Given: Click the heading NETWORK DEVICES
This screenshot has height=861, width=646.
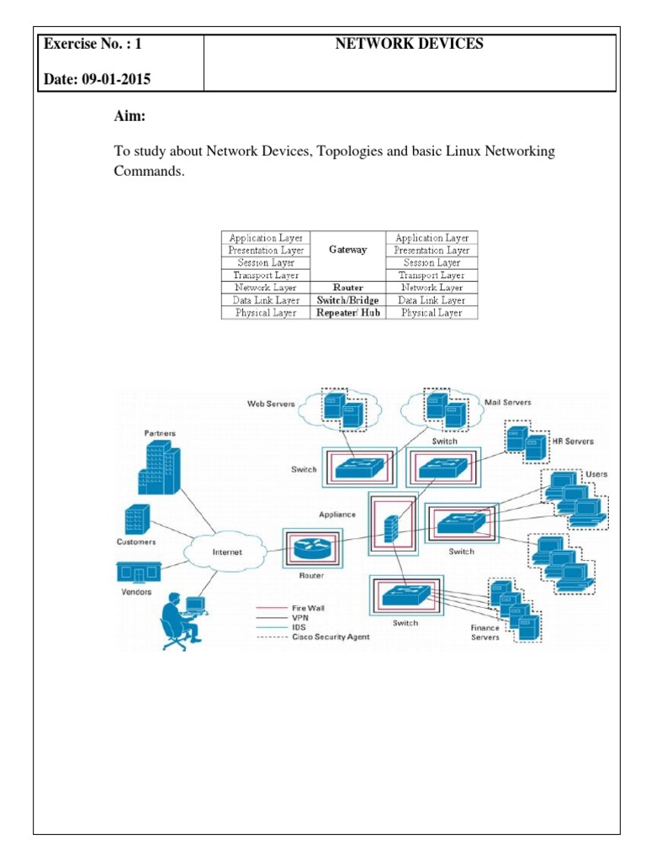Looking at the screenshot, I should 410,45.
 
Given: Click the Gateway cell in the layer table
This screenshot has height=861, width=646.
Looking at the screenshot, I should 348,250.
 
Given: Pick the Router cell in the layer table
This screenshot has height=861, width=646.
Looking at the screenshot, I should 348,288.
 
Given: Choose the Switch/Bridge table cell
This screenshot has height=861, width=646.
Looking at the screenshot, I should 348,300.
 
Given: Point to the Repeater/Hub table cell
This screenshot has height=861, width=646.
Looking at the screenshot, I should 348,313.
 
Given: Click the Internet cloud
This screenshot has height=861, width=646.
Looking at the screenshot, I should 226,552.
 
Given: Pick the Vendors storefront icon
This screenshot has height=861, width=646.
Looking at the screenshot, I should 136,573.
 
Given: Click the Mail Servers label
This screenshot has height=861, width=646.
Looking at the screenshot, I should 508,403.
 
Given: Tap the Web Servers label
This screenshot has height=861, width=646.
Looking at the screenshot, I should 271,404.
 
